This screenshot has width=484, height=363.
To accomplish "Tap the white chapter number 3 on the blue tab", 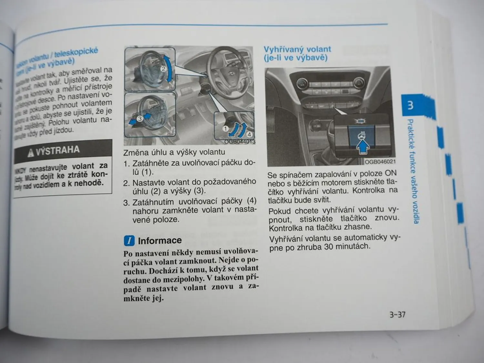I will click(410, 105).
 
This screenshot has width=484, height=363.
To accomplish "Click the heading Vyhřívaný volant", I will click(297, 49).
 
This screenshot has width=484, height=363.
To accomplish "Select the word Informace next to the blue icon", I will click(159, 240).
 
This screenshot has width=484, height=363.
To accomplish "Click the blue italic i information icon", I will click(129, 241).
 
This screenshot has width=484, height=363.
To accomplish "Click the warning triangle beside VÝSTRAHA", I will click(31, 153).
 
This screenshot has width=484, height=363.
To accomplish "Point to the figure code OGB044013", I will click(239, 142).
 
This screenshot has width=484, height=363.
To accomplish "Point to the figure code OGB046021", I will click(379, 162).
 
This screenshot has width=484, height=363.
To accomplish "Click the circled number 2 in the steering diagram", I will click(163, 69).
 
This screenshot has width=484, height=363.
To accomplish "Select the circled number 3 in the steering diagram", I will click(139, 119).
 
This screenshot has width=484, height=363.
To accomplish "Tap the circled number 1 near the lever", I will click(226, 129).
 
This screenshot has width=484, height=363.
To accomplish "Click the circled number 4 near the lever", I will click(249, 134).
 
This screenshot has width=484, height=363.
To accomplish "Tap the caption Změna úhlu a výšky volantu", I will click(174, 152).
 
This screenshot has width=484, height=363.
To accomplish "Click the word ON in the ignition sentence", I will click(390, 173).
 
